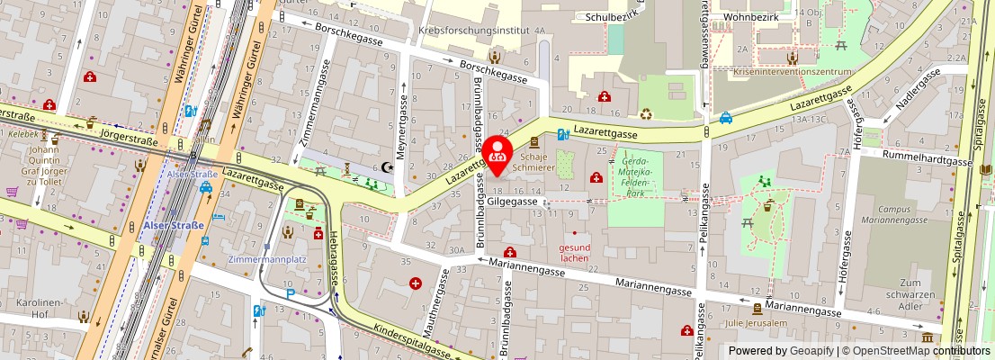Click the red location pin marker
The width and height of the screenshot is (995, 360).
pyautogui.click(x=497, y=154)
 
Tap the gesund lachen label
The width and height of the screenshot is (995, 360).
pyautogui.click(x=575, y=252)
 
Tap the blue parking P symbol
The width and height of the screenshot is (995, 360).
pyautogui.click(x=290, y=294)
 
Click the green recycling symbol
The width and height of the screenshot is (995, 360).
pyautogui.click(x=646, y=114)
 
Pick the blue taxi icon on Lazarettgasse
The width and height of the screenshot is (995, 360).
pyautogui.click(x=725, y=117)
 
